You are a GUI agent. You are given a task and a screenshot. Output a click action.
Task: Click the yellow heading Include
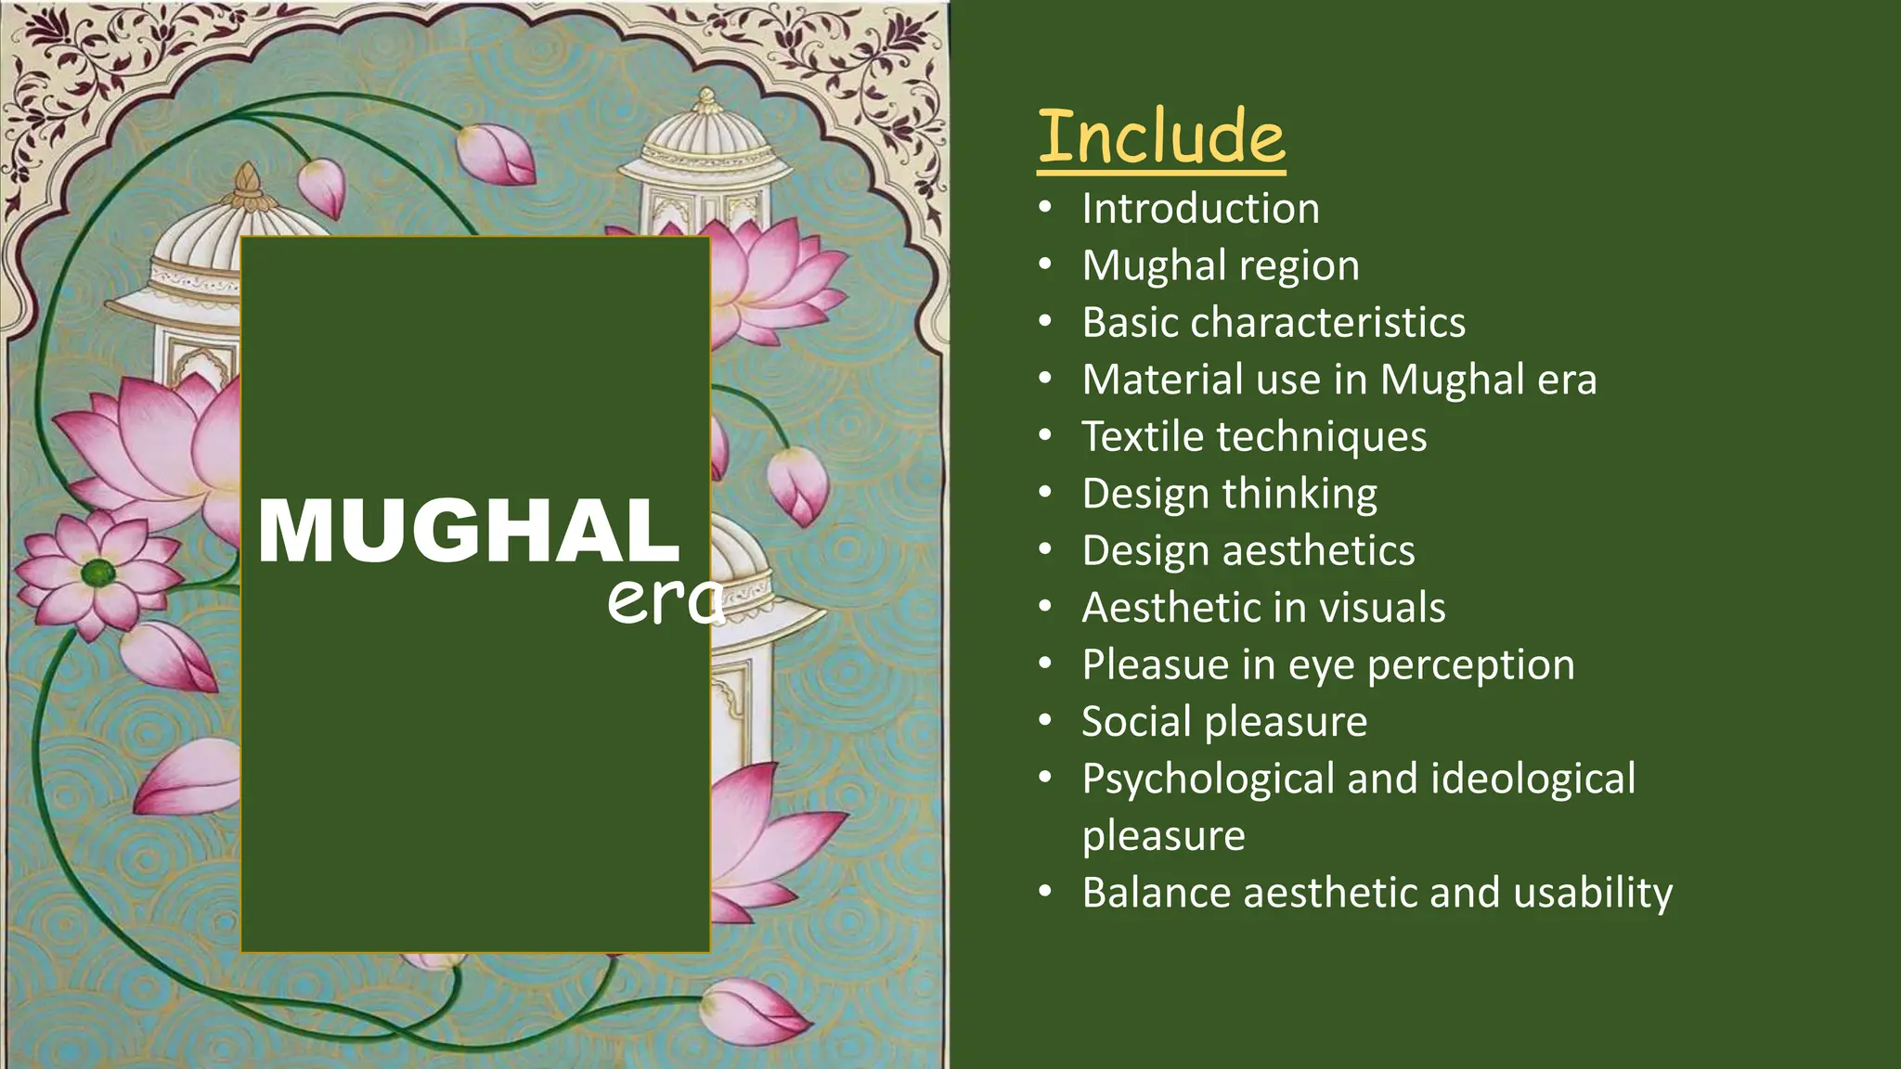tap(1161, 137)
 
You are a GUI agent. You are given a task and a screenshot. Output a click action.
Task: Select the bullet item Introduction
tap(1200, 209)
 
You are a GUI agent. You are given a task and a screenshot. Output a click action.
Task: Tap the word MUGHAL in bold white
tap(470, 531)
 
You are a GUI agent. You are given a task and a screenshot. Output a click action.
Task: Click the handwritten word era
tap(665, 601)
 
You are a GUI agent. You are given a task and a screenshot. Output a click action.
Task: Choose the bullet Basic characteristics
tap(1274, 323)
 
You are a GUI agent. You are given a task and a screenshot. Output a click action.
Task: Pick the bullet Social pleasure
tap(1224, 722)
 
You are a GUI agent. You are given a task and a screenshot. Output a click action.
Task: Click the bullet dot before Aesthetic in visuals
tap(1046, 608)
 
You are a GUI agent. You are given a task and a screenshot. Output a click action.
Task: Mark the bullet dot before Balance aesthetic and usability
tap(1046, 893)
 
